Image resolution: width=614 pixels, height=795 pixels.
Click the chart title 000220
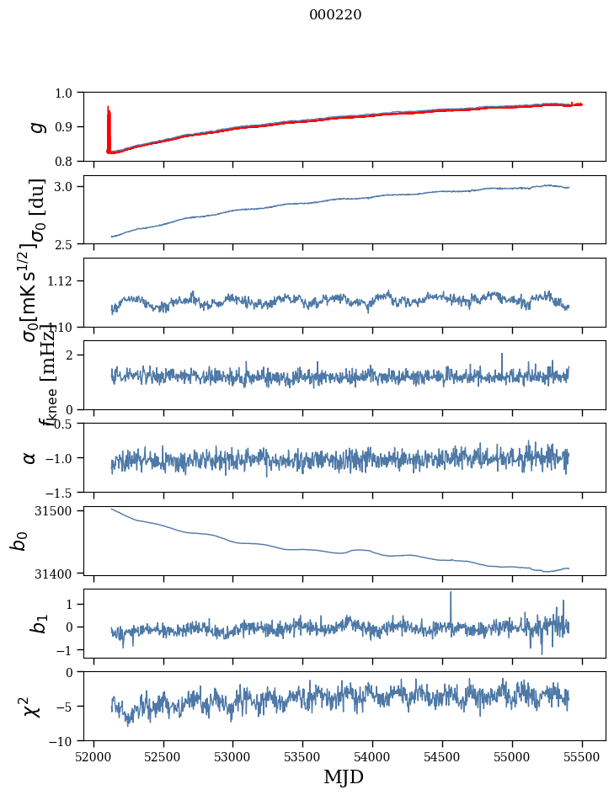point(335,15)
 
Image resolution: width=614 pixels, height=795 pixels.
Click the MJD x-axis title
point(344,776)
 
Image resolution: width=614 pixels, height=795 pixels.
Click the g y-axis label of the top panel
point(36,126)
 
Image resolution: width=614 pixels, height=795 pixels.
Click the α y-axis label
point(30,457)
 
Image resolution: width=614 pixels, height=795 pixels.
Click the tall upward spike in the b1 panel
point(451,593)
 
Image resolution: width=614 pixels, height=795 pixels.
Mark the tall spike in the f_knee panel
point(502,355)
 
